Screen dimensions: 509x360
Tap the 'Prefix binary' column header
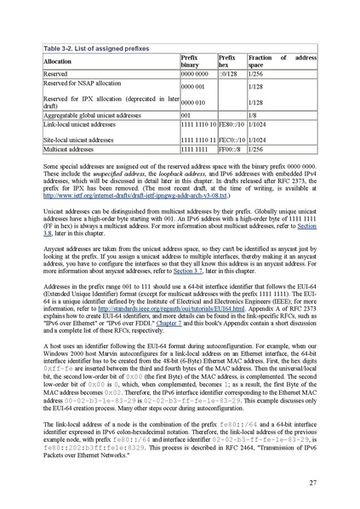[193, 61]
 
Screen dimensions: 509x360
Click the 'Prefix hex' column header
[227, 61]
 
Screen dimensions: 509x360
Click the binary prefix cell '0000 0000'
[195, 75]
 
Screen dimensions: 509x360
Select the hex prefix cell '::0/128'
[228, 75]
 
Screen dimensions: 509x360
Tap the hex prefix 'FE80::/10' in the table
[231, 124]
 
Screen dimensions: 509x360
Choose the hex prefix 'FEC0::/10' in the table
[231, 138]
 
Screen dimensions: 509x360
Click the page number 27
[313, 483]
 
